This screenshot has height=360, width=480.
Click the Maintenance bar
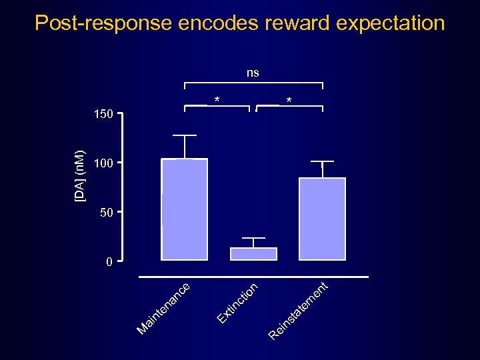[x=184, y=209]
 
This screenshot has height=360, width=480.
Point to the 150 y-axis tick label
[x=103, y=115]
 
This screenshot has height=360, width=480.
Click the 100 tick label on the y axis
[x=103, y=163]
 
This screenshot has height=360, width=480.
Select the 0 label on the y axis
[x=109, y=262]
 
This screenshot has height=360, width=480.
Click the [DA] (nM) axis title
[x=79, y=175]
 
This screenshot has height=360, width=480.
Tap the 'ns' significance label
[x=253, y=73]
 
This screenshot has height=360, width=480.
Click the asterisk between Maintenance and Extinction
[x=217, y=101]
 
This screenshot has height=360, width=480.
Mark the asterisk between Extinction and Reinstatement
[x=288, y=101]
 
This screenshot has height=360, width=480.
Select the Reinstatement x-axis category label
[x=299, y=311]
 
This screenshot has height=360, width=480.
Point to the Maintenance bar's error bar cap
[x=184, y=135]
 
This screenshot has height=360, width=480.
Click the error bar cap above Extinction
[x=253, y=238]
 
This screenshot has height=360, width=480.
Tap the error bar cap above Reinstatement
[x=322, y=161]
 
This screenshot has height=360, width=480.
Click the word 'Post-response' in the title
[x=103, y=23]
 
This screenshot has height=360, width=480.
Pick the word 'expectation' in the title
[x=391, y=23]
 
